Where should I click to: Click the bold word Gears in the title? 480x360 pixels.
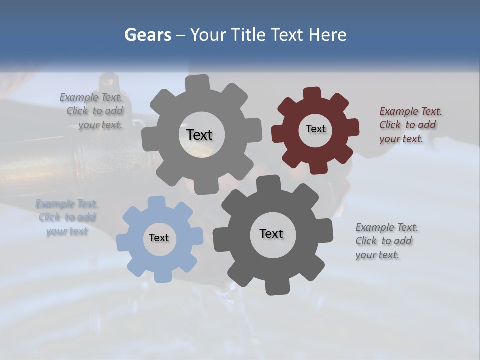(x=148, y=35)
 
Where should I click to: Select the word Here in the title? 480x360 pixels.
(x=328, y=35)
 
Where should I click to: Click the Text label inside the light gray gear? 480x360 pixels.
(x=199, y=135)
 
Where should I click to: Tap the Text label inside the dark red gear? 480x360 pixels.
(x=315, y=129)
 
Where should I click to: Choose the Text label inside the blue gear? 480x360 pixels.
(x=159, y=238)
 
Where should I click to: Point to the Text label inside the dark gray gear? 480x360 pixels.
(x=271, y=233)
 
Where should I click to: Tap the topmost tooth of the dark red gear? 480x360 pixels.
(x=312, y=93)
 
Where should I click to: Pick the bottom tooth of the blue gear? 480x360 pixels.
(x=162, y=276)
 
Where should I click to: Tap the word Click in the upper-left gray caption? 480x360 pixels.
(x=77, y=111)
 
